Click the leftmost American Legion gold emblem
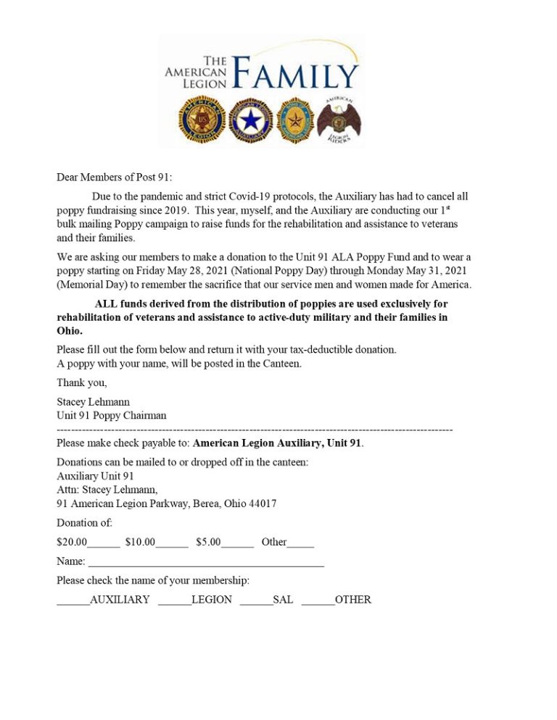coord(202,120)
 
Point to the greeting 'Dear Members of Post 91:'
coord(115,177)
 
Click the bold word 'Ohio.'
coord(70,330)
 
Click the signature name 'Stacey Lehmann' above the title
coord(94,401)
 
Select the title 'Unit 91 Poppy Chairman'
coord(111,415)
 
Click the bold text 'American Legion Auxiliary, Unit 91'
coord(277,443)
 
